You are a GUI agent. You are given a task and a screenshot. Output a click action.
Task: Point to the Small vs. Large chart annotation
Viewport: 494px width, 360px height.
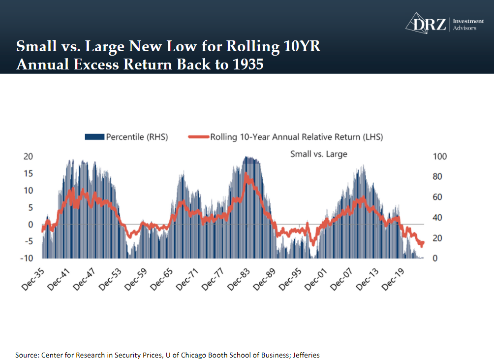click(318, 154)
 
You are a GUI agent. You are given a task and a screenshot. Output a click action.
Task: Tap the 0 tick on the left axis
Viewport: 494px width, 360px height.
click(31, 224)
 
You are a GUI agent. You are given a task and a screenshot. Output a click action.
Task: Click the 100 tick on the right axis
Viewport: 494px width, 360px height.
click(439, 157)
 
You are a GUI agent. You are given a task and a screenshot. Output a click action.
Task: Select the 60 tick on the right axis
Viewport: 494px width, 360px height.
click(437, 197)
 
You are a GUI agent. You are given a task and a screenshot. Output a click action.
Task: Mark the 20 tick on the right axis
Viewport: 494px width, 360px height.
click(437, 238)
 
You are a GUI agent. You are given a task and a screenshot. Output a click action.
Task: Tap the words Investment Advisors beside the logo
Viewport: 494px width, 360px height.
click(467, 24)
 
